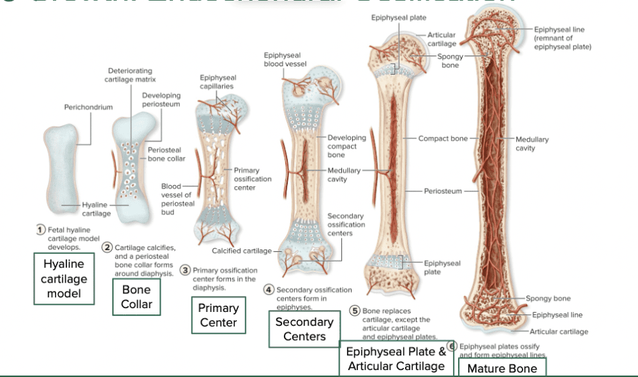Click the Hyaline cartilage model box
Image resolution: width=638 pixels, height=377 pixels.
tap(64, 279)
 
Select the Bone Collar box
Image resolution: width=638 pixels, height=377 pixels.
tap(137, 297)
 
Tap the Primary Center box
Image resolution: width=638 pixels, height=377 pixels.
tap(218, 315)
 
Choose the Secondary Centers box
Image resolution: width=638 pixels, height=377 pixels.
tap(304, 329)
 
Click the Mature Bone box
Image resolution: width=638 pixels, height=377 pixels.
tap(502, 368)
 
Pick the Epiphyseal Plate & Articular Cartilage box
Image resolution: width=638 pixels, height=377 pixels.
tap(396, 359)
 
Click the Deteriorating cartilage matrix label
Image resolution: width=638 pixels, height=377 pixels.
tap(130, 75)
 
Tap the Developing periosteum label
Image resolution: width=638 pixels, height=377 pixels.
tap(161, 100)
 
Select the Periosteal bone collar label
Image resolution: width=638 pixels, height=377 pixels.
tap(167, 154)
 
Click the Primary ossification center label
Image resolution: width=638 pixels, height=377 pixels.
tap(253, 179)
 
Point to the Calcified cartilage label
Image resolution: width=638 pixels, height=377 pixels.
tap(241, 251)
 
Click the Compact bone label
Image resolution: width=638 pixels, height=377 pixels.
tap(443, 138)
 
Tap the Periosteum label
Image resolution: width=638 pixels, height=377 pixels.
tap(442, 191)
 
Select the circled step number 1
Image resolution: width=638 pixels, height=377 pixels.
tap(40, 230)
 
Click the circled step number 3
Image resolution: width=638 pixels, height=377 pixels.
tap(186, 270)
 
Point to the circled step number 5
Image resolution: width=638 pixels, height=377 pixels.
tap(355, 311)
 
